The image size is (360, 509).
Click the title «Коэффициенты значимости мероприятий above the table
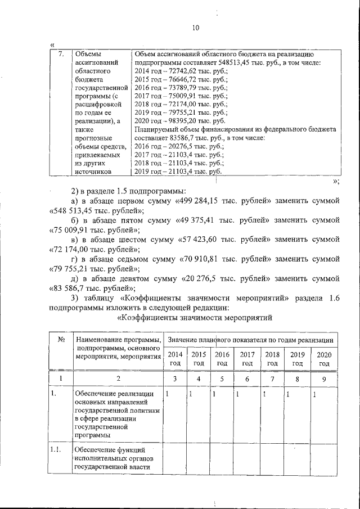[193, 318]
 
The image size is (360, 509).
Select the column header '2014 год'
[175, 359]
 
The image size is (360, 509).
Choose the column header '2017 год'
[246, 359]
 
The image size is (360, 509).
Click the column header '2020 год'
[323, 359]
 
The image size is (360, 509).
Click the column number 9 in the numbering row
[323, 379]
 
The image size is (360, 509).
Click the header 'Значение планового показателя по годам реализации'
[251, 340]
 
